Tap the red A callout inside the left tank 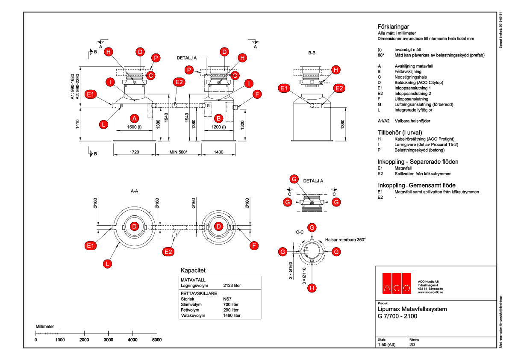click(x=134, y=118)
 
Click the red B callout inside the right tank click(x=219, y=118)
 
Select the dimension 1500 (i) click(x=135, y=127)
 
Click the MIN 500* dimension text click(x=178, y=152)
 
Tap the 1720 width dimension click(x=134, y=152)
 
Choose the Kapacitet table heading click(x=193, y=271)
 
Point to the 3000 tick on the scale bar click(x=109, y=339)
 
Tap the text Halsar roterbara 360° click(x=345, y=240)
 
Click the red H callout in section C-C click(x=312, y=288)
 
